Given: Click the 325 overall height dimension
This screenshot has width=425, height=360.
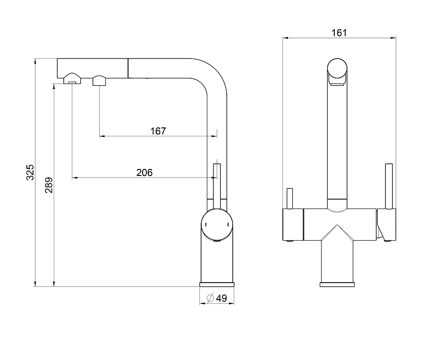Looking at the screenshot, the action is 30,172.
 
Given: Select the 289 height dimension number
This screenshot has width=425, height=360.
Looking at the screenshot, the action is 49,185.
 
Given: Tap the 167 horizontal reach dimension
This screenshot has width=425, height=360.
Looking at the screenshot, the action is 158,131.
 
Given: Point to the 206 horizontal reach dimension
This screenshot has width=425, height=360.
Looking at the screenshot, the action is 144,173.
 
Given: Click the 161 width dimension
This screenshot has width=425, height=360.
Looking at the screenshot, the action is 339,33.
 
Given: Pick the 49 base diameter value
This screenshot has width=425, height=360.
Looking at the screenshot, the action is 221,298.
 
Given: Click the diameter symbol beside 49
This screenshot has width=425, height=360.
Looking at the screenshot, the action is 210,298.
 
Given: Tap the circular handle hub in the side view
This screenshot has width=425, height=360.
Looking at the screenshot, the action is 217,225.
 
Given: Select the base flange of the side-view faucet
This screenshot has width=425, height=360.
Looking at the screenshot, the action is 217,285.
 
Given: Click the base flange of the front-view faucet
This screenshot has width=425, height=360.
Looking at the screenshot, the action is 337,285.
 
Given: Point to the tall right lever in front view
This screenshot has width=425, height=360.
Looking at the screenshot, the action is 389,186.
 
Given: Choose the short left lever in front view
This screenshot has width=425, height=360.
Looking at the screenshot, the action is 289,199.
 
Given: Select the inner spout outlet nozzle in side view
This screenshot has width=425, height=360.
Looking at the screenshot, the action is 99,81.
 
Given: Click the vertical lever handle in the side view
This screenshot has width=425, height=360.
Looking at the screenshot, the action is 217,186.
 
